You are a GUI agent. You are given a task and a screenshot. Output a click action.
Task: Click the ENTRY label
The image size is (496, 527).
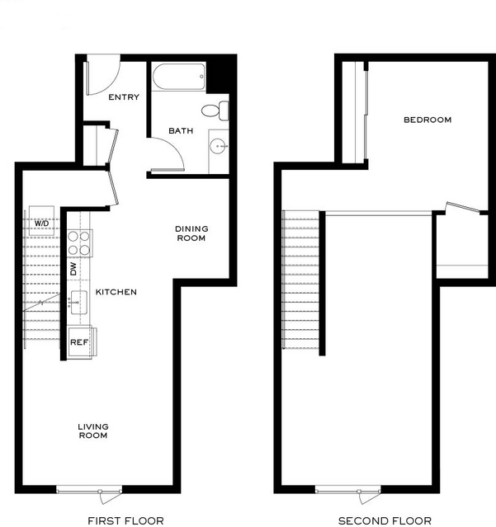point(124,97)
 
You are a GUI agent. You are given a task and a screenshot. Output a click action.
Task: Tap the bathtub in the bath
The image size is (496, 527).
point(178,77)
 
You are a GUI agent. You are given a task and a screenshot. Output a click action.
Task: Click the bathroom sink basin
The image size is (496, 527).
point(219,147)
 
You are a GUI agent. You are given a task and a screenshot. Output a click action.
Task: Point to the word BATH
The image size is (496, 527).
point(181,131)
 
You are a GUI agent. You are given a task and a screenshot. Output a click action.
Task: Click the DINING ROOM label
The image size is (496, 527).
point(191,233)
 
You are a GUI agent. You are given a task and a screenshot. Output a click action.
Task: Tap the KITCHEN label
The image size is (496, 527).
point(116,292)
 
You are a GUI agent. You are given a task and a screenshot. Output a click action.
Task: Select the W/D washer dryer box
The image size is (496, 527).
point(41,220)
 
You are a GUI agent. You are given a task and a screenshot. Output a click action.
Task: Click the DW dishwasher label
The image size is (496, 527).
point(73,269)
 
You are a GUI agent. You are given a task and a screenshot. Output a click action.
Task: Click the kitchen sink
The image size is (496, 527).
point(78,302)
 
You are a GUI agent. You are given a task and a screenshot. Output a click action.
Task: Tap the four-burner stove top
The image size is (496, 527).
point(79,243)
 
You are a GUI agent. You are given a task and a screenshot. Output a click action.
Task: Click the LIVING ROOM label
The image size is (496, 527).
point(93,431)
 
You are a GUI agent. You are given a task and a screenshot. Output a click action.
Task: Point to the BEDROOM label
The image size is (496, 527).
point(428,120)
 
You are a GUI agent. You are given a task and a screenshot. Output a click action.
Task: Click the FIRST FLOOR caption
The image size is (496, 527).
point(125,520)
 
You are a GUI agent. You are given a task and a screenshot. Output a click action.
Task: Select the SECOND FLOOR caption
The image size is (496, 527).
point(385,521)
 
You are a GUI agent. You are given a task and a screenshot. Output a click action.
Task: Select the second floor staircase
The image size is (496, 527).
point(300,280)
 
